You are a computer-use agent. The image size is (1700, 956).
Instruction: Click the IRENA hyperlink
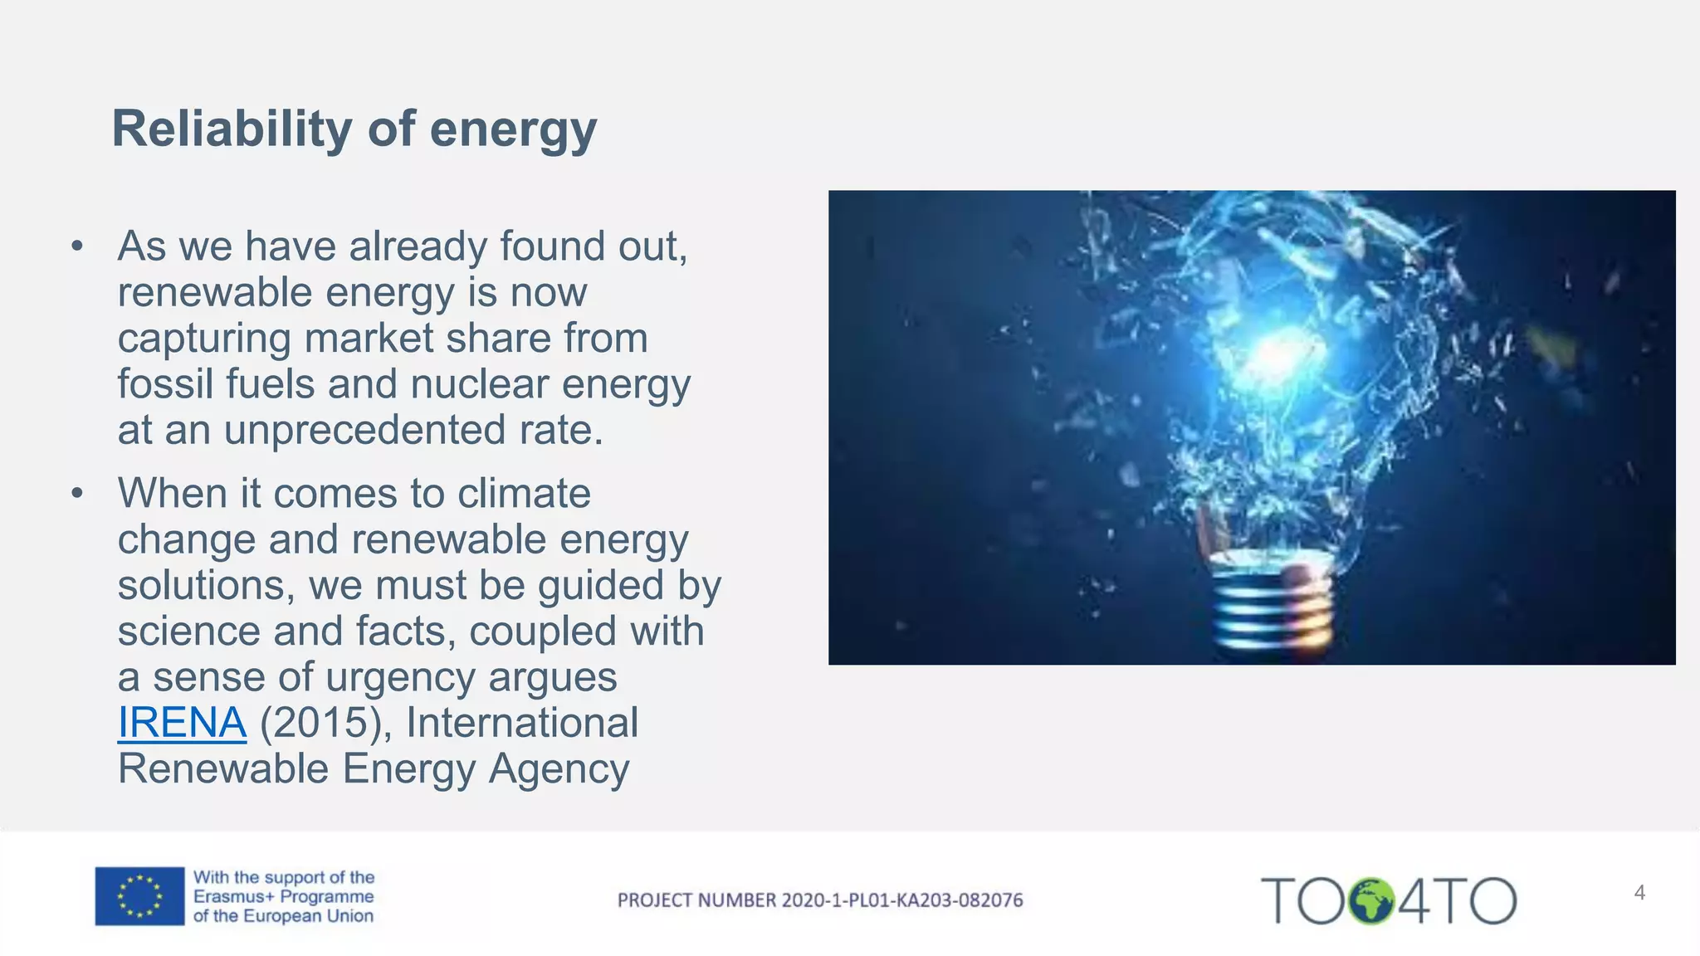point(182,722)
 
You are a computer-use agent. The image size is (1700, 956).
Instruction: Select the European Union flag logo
point(139,896)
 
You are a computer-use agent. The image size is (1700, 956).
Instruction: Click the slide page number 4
point(1639,893)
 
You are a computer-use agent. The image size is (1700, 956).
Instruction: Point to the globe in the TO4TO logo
point(1370,900)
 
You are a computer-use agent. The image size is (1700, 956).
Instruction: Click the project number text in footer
point(819,900)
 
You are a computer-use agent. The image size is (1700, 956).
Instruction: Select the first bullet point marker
point(77,246)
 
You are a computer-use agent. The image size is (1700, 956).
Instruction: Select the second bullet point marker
point(77,494)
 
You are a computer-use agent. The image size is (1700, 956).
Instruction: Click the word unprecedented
point(364,430)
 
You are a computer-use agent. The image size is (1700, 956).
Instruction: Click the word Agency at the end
point(559,768)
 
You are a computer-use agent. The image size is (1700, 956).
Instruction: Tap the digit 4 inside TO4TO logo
point(1414,900)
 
